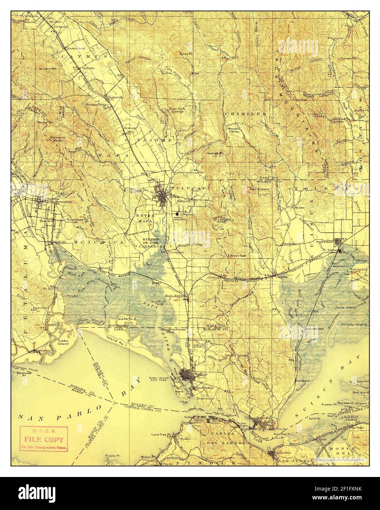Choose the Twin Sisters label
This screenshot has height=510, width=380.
259,189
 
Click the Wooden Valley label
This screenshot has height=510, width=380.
233,131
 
